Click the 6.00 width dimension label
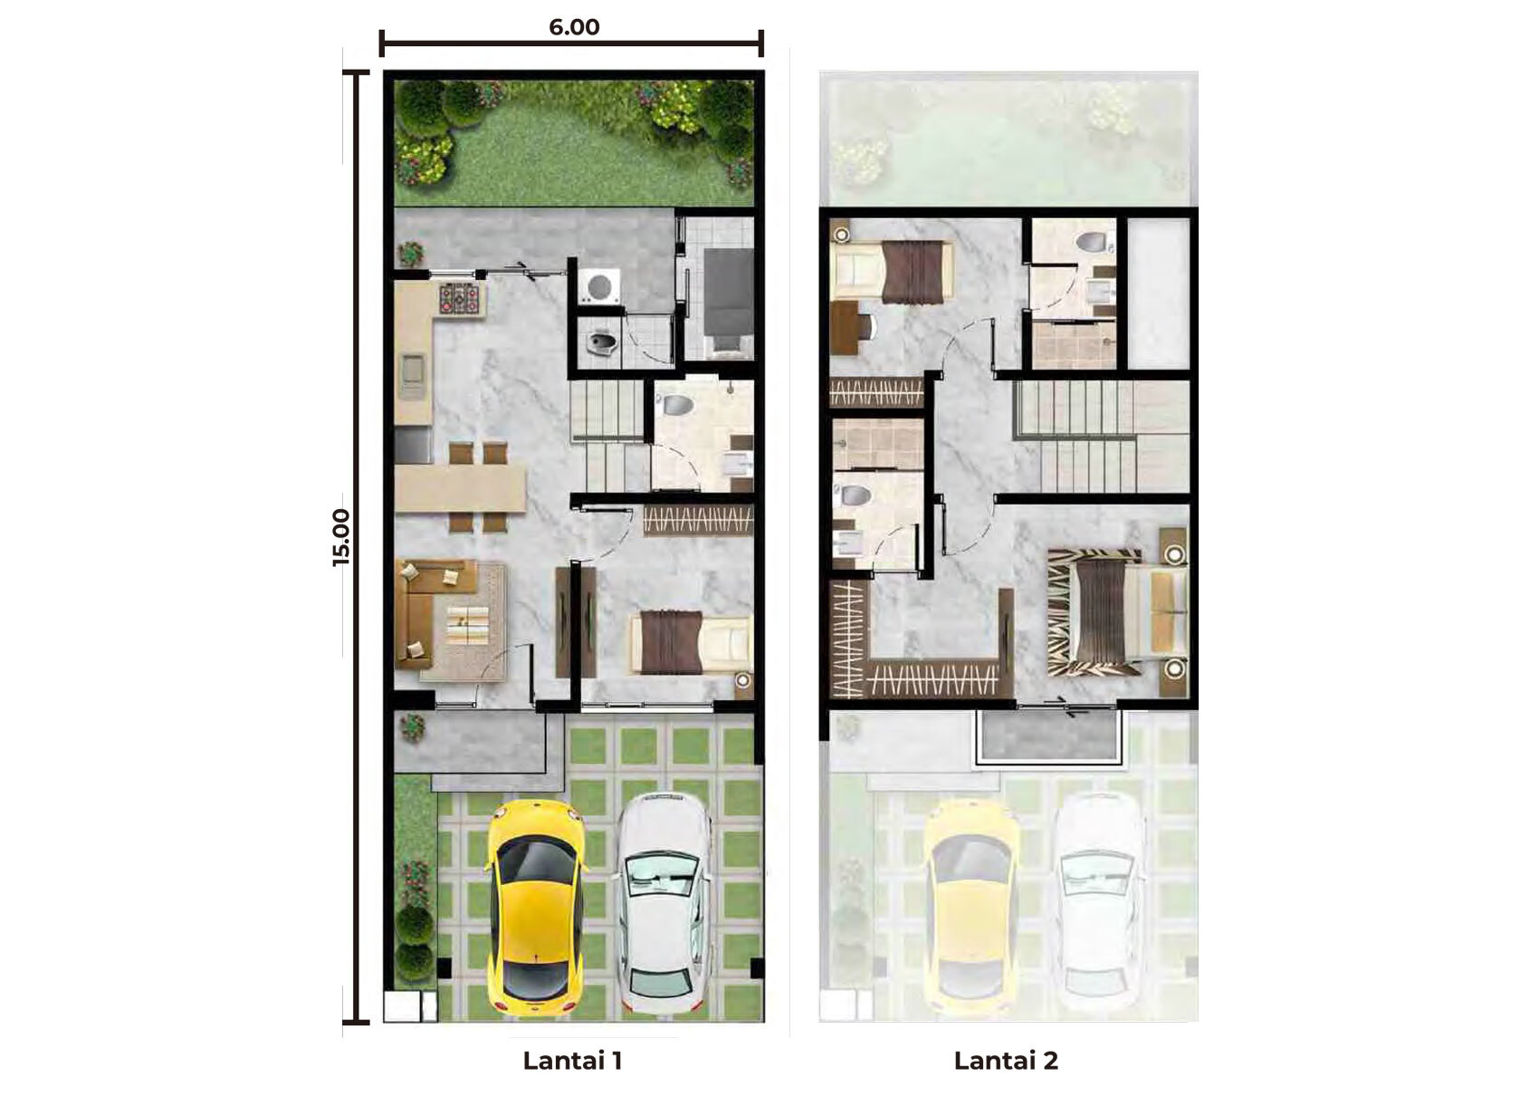(574, 27)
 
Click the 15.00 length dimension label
(340, 537)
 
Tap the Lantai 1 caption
(572, 1060)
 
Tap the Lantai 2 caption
(1006, 1060)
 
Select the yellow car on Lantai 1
(537, 908)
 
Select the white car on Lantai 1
(664, 903)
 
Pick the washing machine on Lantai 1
(599, 286)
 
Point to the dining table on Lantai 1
(460, 487)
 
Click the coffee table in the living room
(467, 623)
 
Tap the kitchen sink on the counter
(413, 377)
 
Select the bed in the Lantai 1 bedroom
(691, 643)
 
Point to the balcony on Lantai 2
(1049, 736)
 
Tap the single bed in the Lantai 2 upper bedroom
(892, 272)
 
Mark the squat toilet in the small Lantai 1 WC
(601, 341)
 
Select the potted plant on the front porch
(412, 728)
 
